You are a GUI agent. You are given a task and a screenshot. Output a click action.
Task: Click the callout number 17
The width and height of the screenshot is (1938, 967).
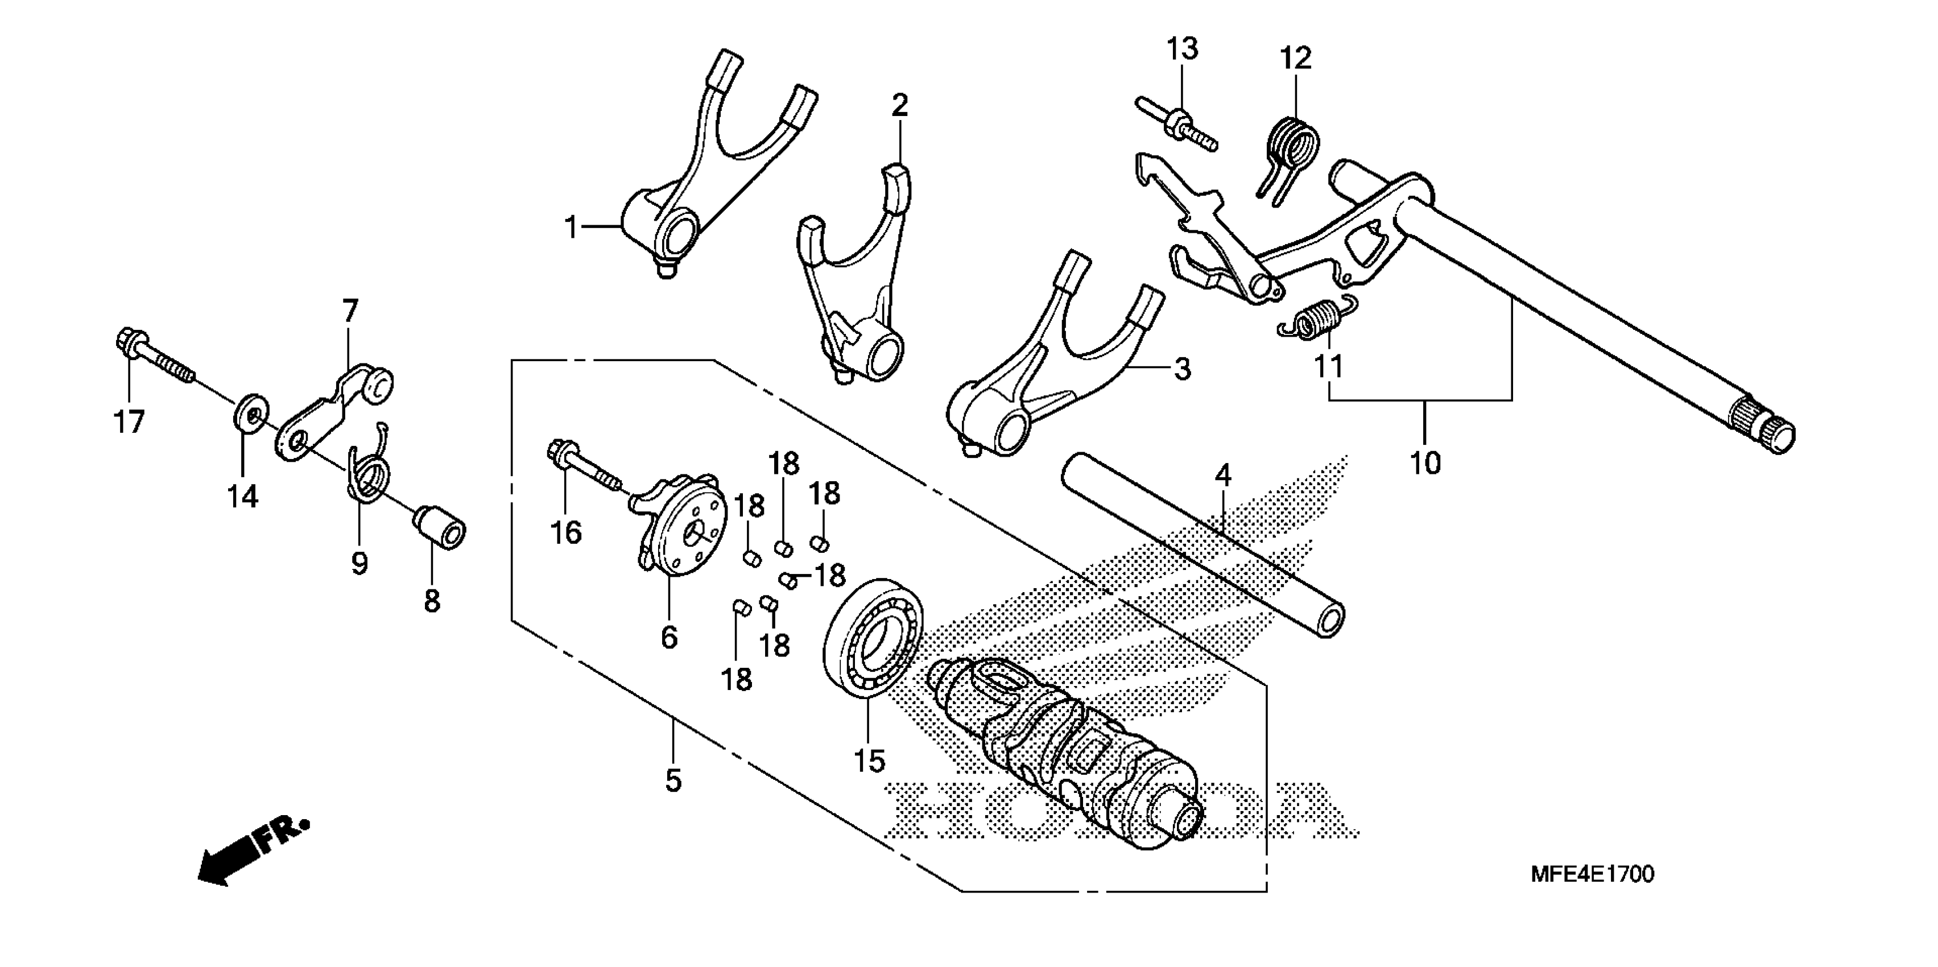tap(129, 422)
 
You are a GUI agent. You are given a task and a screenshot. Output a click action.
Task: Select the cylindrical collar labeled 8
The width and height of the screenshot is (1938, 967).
tap(440, 528)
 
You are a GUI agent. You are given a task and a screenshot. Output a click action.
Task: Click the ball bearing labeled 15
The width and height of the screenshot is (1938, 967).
tap(874, 637)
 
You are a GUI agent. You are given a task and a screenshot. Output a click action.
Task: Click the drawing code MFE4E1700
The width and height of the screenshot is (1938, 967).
tap(1592, 874)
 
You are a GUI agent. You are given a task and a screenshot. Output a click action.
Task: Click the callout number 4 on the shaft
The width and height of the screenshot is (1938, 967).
tap(1224, 476)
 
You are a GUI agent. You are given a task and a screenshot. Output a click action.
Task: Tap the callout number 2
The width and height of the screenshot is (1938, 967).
tap(900, 105)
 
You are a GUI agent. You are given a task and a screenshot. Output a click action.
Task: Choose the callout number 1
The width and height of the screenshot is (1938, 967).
tap(571, 226)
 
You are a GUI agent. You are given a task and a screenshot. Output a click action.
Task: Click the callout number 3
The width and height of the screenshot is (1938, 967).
tap(1182, 370)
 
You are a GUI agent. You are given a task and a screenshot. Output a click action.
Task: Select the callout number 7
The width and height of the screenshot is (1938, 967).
tap(350, 310)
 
